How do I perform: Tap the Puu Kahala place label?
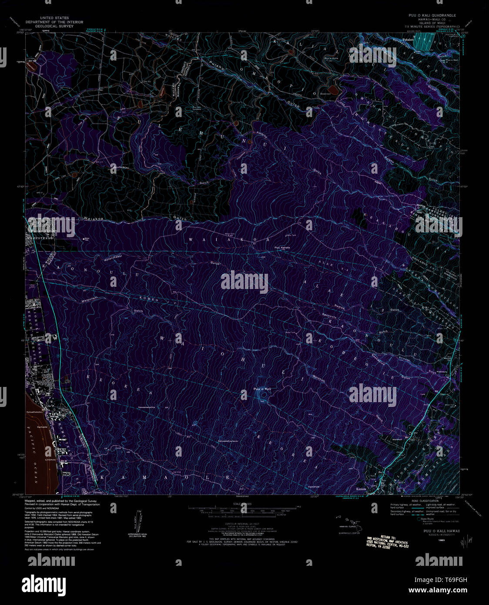point(281,248)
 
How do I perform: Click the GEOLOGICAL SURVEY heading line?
point(54,26)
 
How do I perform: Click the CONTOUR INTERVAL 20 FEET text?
point(244,523)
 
